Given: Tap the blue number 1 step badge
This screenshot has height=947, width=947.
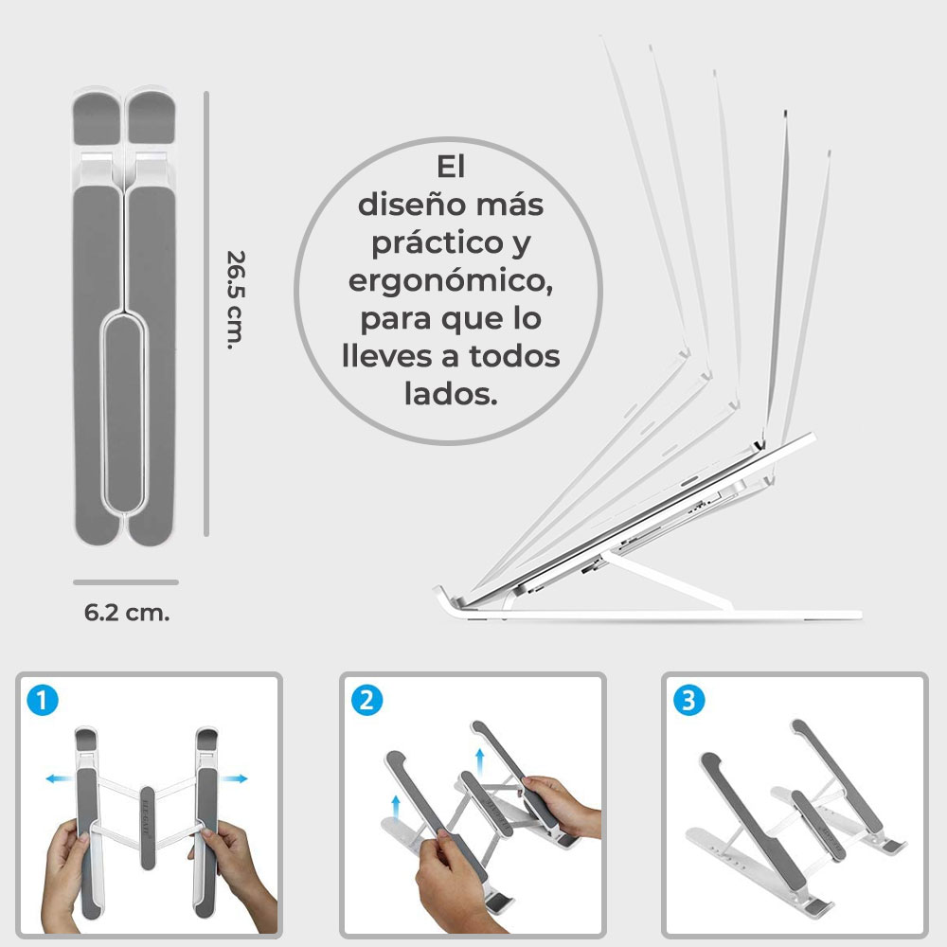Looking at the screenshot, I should pyautogui.click(x=44, y=701).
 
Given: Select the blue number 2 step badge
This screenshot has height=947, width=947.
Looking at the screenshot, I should pyautogui.click(x=366, y=701).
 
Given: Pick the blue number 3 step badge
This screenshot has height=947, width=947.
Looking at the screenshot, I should pyautogui.click(x=688, y=701).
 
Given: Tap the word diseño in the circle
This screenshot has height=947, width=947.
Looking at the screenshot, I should pyautogui.click(x=409, y=204).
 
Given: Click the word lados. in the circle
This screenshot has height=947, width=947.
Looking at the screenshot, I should pyautogui.click(x=451, y=393).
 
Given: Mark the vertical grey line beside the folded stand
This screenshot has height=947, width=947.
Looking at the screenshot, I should pyautogui.click(x=206, y=313).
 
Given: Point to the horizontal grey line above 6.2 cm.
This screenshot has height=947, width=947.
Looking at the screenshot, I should pyautogui.click(x=126, y=581).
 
